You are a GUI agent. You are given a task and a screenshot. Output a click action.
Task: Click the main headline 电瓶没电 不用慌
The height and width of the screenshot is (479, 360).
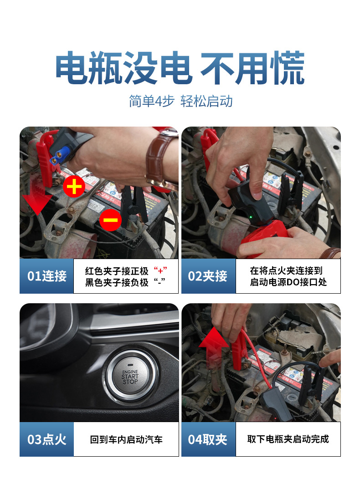click(180, 69)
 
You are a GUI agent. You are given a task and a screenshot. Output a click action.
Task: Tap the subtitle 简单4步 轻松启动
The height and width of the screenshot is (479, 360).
click(180, 101)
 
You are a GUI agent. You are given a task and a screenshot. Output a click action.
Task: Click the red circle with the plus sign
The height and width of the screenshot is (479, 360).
click(74, 187)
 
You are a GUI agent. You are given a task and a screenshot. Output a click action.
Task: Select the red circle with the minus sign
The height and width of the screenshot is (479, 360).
click(110, 220)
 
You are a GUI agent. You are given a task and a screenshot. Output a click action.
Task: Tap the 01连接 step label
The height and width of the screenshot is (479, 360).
click(46, 276)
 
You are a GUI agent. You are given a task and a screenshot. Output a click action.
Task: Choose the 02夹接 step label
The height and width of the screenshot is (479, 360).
click(208, 276)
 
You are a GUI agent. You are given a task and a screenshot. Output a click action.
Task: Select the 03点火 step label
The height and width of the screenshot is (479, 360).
click(46, 439)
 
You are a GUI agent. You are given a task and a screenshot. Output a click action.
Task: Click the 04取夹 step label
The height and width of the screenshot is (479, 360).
click(208, 439)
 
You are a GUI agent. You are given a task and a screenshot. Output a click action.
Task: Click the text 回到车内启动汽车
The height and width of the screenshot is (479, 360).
click(126, 439)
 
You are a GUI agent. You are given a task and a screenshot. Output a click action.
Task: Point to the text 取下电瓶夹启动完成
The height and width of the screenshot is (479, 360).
click(288, 439)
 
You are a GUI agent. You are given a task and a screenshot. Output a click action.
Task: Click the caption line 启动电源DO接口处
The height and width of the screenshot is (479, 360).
click(288, 282)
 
